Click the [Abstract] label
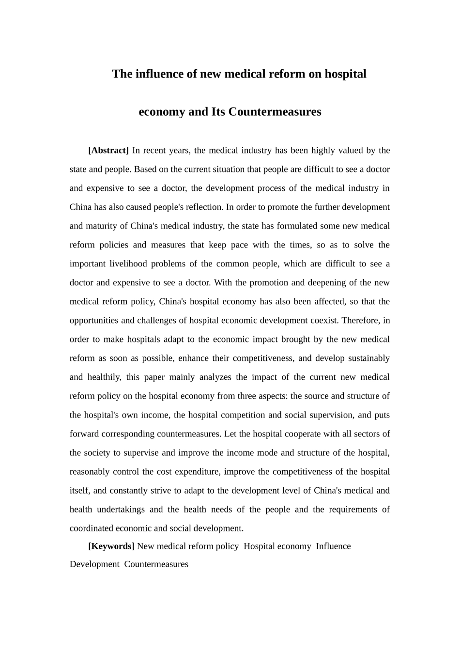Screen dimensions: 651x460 coord(108,150)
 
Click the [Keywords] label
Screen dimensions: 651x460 coord(111,546)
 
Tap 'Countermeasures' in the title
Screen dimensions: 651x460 coord(275,112)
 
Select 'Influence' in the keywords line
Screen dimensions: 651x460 coord(333,546)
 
